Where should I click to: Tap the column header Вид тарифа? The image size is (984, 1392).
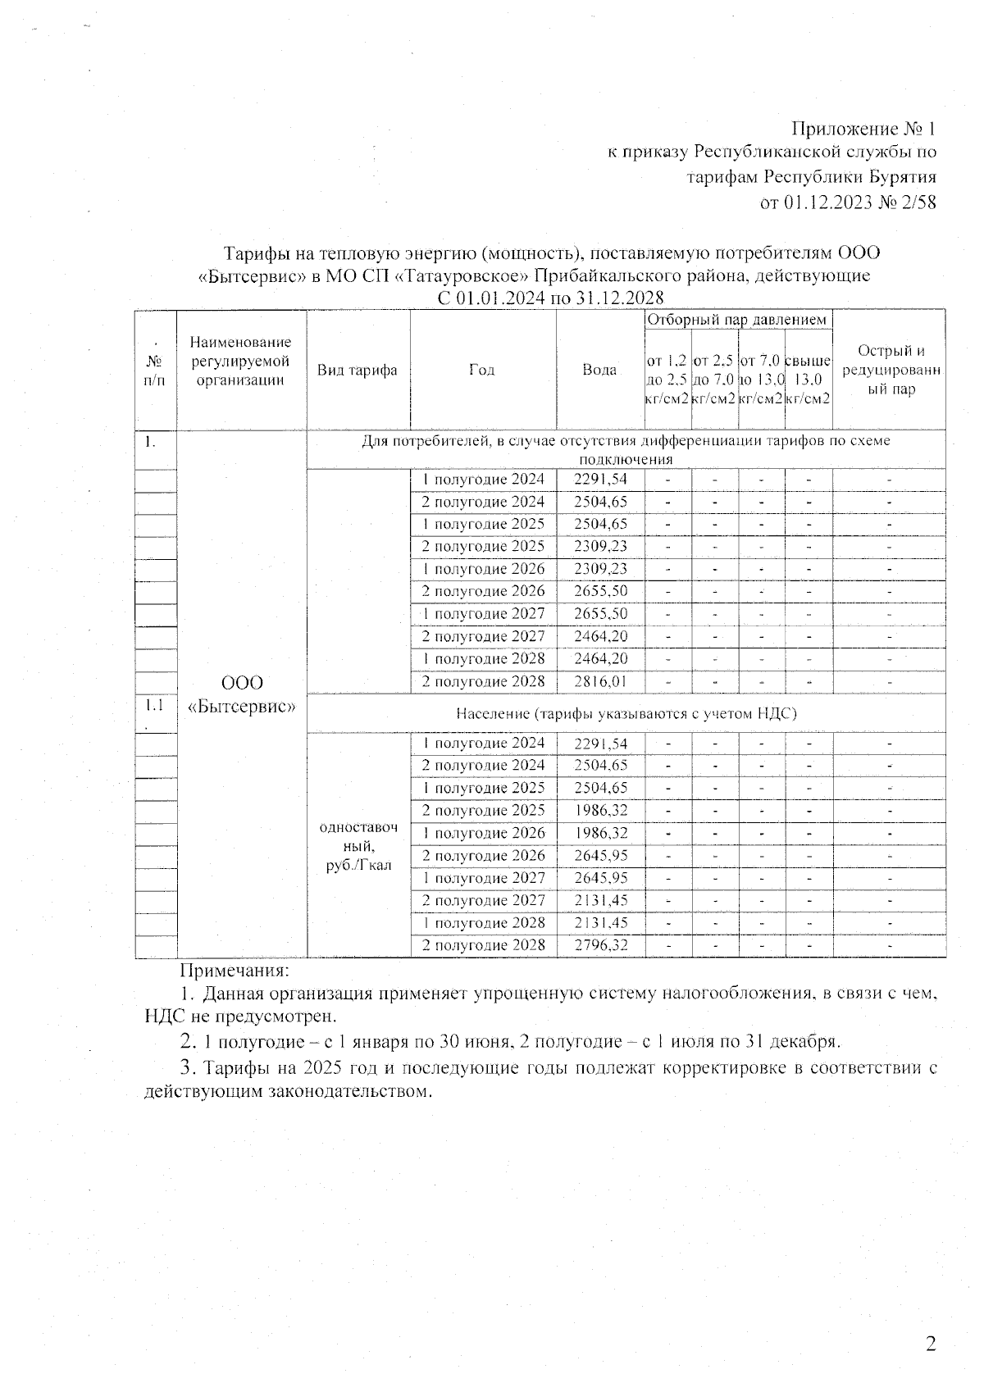tap(358, 370)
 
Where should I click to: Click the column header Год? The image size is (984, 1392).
tap(482, 370)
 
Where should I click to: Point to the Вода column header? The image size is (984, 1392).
tap(599, 370)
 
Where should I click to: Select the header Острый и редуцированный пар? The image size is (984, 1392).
tap(891, 370)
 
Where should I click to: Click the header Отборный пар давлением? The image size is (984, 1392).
tap(738, 320)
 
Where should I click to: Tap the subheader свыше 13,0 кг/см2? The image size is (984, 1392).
tap(808, 379)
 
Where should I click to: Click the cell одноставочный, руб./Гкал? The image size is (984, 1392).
tap(358, 846)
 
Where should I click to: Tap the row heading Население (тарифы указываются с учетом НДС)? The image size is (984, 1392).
tap(626, 713)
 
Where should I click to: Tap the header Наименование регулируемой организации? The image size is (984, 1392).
tap(241, 361)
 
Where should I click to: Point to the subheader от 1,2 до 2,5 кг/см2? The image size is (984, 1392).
tap(667, 379)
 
